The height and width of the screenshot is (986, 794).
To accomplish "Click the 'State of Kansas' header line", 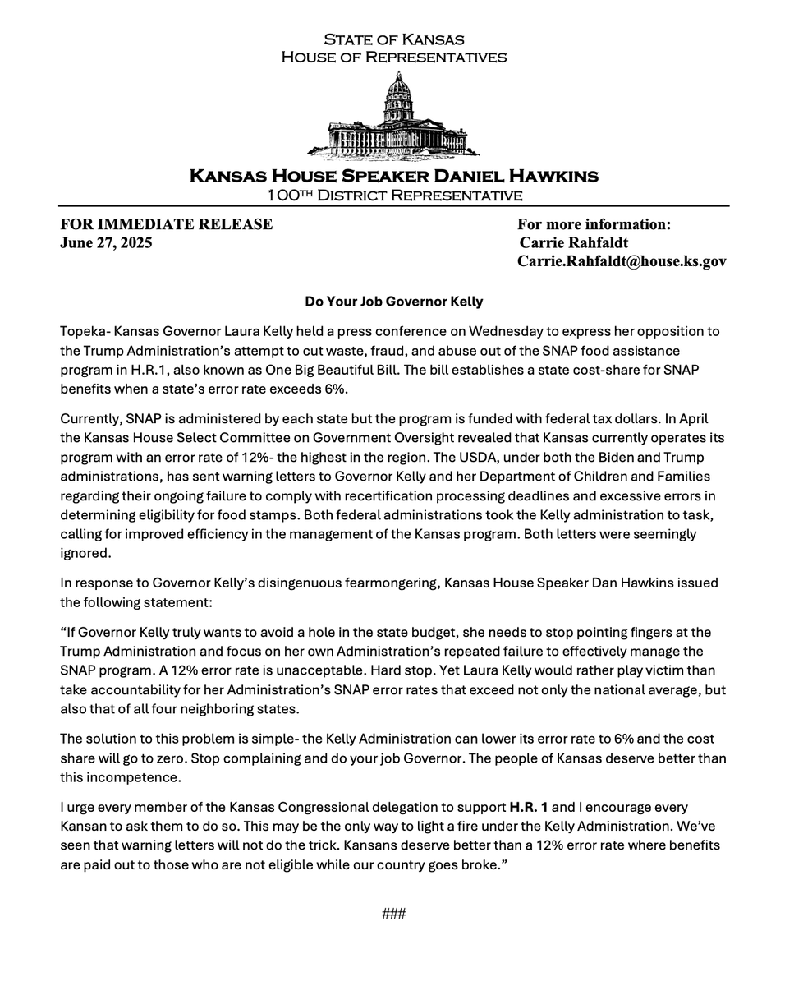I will [x=393, y=39].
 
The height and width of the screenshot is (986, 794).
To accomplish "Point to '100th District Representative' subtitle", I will [x=394, y=195].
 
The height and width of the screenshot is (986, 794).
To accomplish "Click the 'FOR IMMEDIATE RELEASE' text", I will [x=166, y=224].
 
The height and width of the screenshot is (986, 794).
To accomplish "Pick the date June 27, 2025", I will [x=106, y=243].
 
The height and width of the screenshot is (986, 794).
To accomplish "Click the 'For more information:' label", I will [x=594, y=224].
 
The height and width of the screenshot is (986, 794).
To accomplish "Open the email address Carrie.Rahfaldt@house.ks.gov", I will [x=622, y=261].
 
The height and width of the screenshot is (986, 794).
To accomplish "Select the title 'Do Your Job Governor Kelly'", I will [x=394, y=302].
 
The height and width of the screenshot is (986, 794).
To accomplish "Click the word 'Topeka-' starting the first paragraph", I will [x=85, y=331].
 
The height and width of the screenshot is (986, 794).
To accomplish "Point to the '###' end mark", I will [x=394, y=914].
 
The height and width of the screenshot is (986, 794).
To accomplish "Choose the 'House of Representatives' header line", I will [x=393, y=58].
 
